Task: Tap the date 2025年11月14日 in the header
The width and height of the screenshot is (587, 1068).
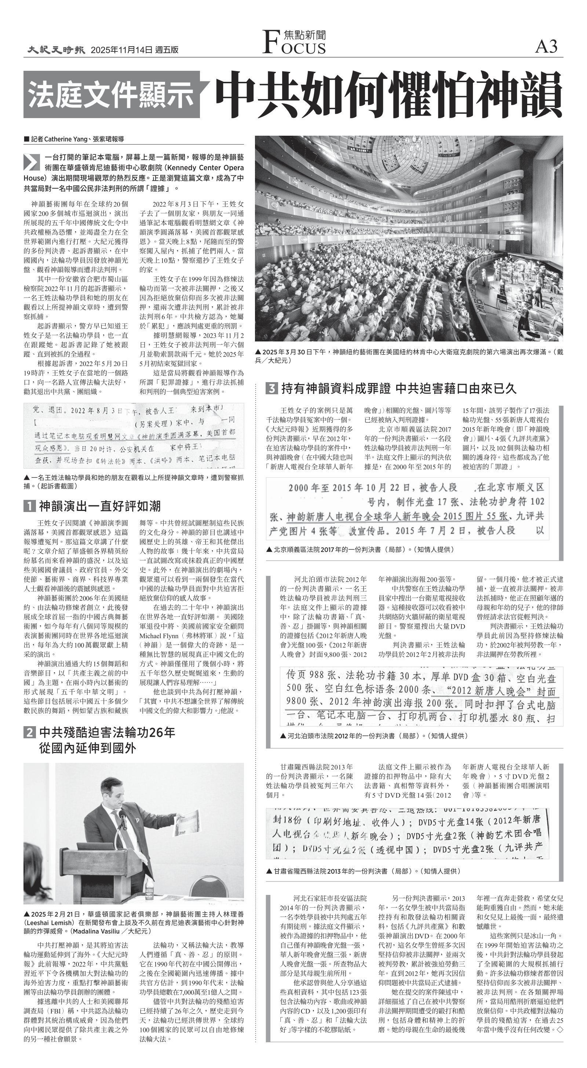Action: (121, 50)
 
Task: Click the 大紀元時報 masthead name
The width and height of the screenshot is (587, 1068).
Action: (56, 50)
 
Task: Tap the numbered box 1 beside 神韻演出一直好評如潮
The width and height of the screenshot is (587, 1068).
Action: (29, 506)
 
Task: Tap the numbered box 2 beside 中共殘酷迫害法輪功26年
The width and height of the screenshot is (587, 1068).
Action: (29, 732)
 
